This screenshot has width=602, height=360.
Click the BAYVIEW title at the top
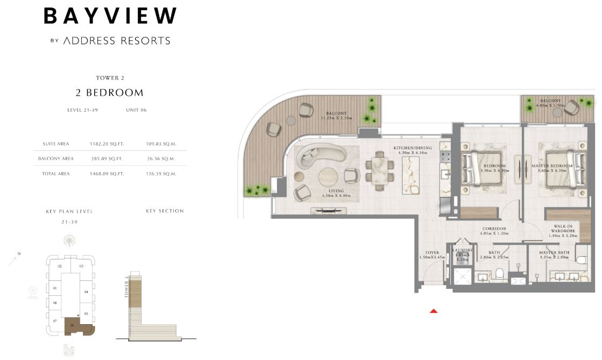click(x=110, y=16)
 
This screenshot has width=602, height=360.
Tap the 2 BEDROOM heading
click(x=110, y=93)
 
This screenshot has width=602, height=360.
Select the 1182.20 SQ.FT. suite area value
click(x=106, y=144)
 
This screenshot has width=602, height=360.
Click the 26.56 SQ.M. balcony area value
click(x=161, y=158)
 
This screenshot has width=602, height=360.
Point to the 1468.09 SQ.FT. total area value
click(x=106, y=173)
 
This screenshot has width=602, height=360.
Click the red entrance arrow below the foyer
click(x=434, y=310)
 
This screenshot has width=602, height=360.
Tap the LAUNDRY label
click(x=462, y=250)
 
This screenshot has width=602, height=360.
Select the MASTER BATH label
click(x=554, y=252)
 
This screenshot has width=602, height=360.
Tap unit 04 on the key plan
click(x=86, y=292)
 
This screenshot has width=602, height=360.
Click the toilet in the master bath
click(x=582, y=261)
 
